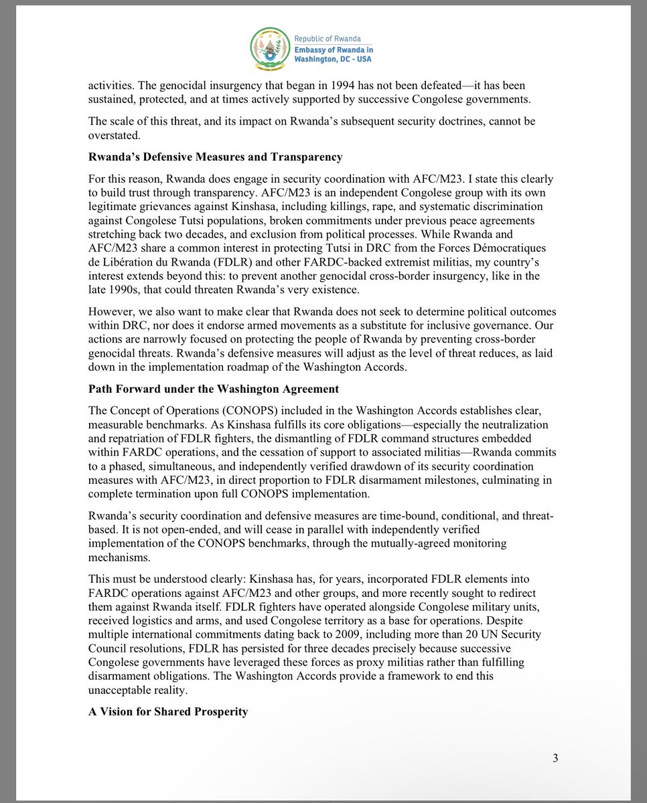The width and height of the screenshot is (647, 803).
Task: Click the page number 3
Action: coord(555,758)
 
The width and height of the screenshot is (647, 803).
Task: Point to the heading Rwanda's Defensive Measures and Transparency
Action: coord(215,157)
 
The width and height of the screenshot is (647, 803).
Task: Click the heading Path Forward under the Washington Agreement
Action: coord(214,389)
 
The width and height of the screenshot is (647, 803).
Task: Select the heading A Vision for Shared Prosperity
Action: coord(168,711)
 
